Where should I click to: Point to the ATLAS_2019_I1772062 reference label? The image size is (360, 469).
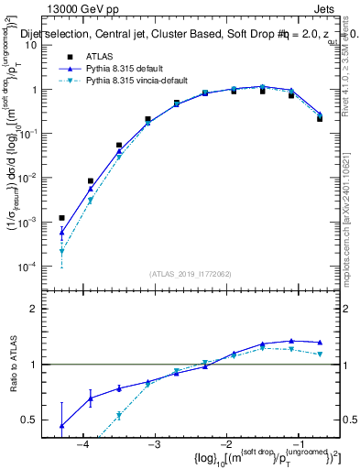tap(190, 274)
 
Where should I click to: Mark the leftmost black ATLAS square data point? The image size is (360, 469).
tap(62, 218)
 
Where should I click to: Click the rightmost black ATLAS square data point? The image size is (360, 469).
tap(320, 118)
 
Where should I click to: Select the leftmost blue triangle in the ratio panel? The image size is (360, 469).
tap(62, 426)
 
